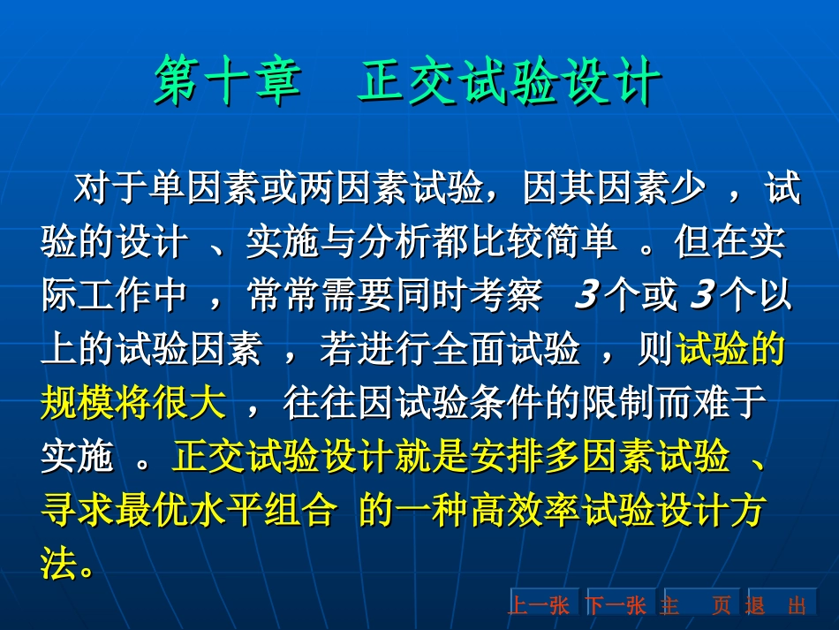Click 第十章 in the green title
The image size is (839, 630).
pos(227,81)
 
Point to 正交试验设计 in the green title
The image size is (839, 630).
pos(510,81)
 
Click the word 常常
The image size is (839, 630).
pos(283,295)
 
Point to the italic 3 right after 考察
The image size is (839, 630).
pos(587,294)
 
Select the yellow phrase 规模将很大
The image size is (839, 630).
pos(133,403)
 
